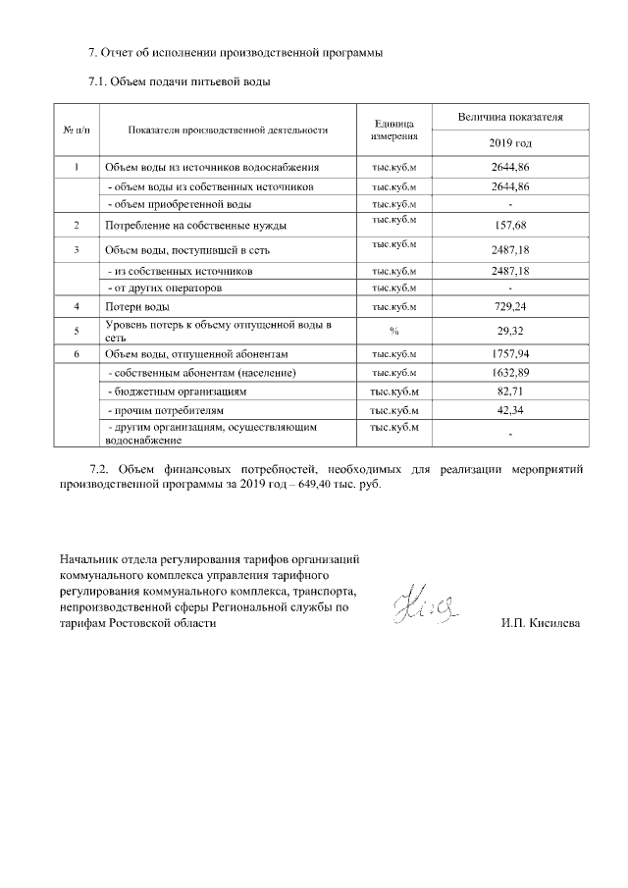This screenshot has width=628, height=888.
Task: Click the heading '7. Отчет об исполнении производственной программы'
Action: tap(235, 51)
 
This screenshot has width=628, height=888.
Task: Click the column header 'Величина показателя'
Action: tap(509, 117)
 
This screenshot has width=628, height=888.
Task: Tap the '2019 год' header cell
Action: tap(509, 143)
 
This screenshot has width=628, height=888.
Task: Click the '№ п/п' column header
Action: tap(77, 130)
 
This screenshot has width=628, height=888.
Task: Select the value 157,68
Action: tap(509, 225)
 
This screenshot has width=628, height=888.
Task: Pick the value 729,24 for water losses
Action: tap(509, 307)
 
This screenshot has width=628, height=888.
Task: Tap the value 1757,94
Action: tap(509, 353)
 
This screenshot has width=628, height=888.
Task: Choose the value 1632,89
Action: tap(509, 373)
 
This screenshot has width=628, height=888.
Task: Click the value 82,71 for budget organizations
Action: tap(509, 392)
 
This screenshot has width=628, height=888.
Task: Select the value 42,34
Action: tap(509, 410)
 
